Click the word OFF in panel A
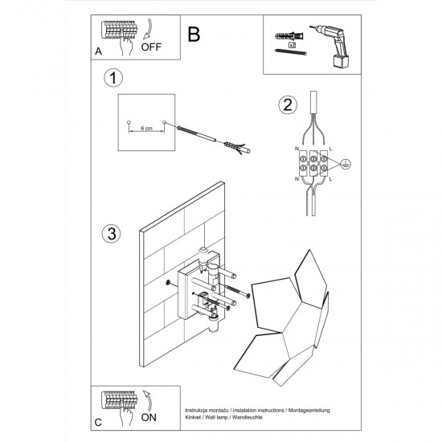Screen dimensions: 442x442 pyautogui.click(x=150, y=47)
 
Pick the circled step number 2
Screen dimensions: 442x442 pyautogui.click(x=286, y=104)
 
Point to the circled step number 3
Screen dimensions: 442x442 pyautogui.click(x=112, y=234)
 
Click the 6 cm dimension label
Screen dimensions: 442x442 pyautogui.click(x=146, y=129)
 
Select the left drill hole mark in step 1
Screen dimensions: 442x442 pyautogui.click(x=129, y=122)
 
